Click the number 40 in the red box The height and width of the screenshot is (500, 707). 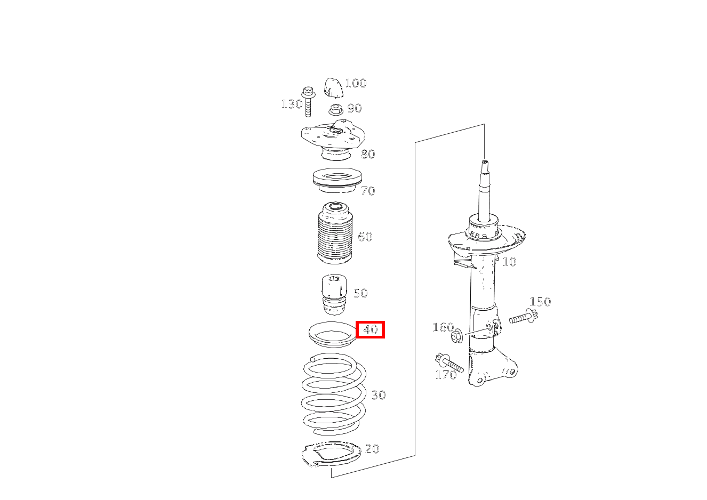pos(371,330)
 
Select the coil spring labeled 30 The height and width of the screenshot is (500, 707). pos(333,394)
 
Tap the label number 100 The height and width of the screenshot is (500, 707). pos(356,83)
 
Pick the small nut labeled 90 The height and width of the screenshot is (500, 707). pos(335,110)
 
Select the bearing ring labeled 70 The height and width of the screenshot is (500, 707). pos(336,180)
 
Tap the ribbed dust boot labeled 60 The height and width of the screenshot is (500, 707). pos(335,235)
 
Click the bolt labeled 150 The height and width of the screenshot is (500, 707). pos(523,318)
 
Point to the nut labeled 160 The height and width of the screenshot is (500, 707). pos(456,337)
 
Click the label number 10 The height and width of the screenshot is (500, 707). pos(509,262)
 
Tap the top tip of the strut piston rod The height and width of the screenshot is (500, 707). pos(484,160)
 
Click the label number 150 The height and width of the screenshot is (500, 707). pos(540,302)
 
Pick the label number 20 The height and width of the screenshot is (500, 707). pos(372,449)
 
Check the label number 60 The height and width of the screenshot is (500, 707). pos(365,237)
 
